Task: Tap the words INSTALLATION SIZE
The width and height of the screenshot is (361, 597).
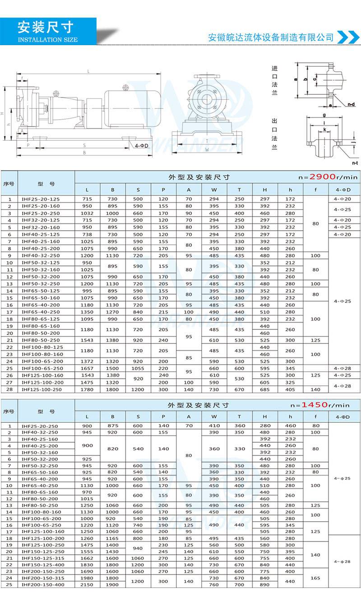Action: (48, 40)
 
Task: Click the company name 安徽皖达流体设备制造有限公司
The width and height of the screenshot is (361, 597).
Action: (271, 37)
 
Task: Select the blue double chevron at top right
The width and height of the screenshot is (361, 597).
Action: (348, 37)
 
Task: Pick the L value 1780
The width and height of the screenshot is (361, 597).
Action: (87, 389)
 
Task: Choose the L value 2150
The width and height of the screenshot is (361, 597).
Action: (87, 585)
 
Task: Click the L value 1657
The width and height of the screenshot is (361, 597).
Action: (87, 369)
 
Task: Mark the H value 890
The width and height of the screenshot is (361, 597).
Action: (264, 585)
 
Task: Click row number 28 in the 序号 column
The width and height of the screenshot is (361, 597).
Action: (9, 389)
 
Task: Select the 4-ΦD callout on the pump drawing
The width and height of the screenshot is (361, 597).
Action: (141, 146)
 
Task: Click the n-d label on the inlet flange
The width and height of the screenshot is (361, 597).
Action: (351, 104)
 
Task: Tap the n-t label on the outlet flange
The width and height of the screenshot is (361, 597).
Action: (355, 162)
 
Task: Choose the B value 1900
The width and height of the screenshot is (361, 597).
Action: (112, 585)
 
